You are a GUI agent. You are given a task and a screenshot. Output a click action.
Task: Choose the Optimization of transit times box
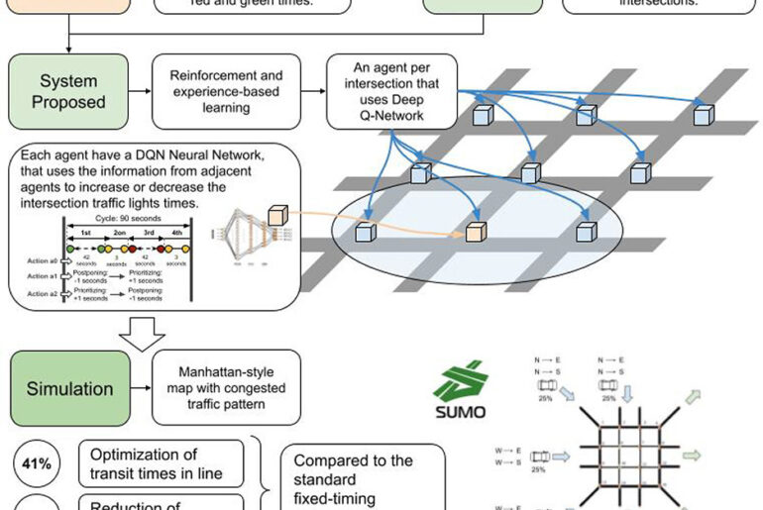tap(160, 463)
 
